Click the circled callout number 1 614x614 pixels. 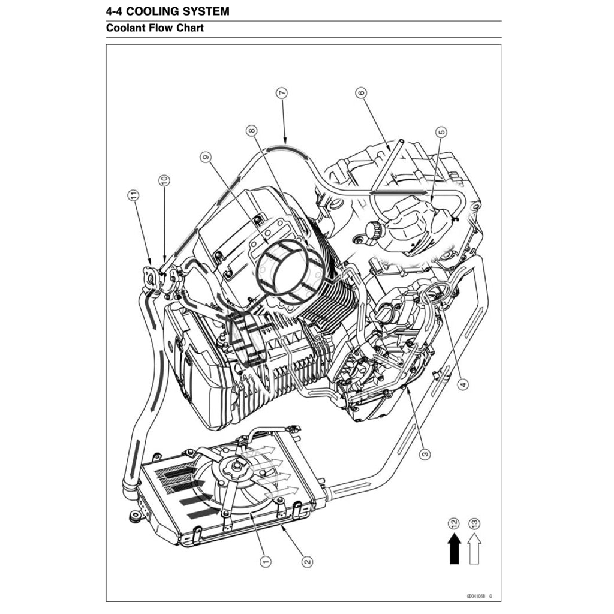pos(264,561)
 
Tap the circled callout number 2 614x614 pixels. pos(307,561)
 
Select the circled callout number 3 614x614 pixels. pos(425,454)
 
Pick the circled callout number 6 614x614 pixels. pos(361,93)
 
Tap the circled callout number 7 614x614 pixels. pos(282,93)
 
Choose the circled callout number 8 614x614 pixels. pos(251,130)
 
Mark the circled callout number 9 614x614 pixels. pos(206,158)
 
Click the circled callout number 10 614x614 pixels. pos(164,179)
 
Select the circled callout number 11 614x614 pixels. pos(133,195)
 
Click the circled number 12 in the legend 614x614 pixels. pos(454,523)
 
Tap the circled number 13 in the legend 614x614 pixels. pos(475,523)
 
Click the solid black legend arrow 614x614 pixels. pos(455,549)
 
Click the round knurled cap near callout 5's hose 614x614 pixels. pos(374,230)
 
